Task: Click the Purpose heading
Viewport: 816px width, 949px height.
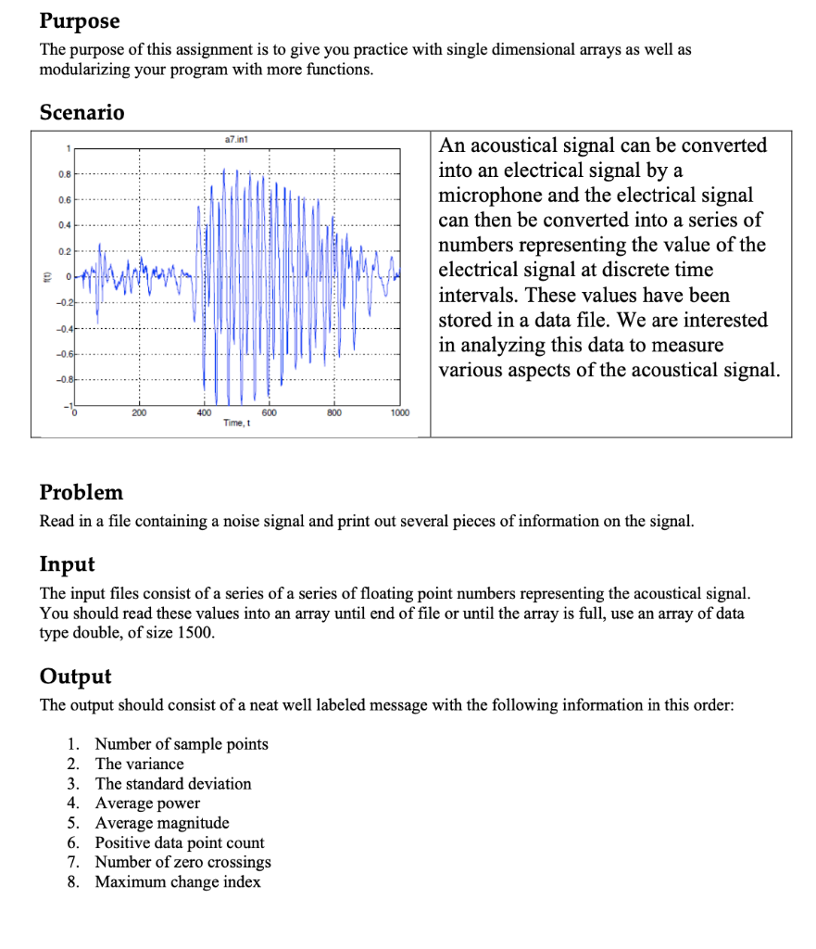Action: [80, 20]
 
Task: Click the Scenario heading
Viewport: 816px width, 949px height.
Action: [82, 112]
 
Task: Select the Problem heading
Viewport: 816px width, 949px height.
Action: [82, 491]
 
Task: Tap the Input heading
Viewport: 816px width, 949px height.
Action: [67, 563]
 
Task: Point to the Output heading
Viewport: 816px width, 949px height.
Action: [75, 676]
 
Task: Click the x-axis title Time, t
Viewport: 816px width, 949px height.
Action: [235, 423]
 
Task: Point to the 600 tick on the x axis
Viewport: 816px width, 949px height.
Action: [269, 412]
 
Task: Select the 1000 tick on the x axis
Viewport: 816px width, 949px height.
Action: [400, 412]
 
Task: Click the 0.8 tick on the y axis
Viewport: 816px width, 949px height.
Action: [59, 172]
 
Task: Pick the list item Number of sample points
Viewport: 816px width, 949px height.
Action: [182, 744]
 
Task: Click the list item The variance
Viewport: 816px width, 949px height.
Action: [139, 764]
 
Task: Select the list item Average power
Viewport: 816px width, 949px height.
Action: [147, 803]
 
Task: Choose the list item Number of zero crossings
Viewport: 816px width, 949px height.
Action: [183, 862]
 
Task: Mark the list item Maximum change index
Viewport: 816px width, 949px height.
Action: [178, 882]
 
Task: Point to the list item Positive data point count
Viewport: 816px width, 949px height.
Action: [180, 842]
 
